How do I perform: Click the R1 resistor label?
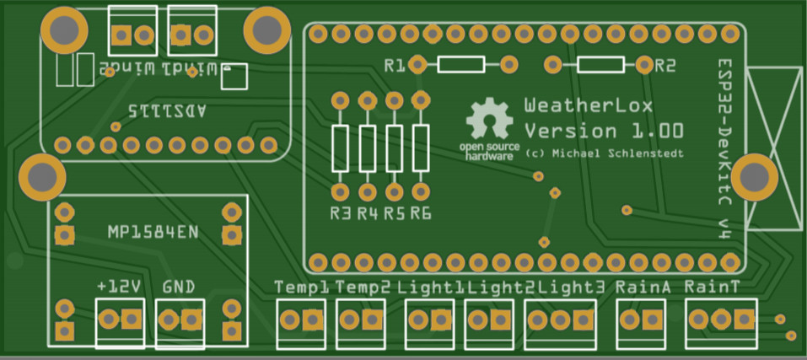pyautogui.click(x=394, y=65)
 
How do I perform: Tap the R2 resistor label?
pyautogui.click(x=665, y=65)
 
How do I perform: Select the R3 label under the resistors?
pyautogui.click(x=340, y=214)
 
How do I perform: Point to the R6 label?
pyautogui.click(x=421, y=214)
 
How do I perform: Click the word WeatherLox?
pyautogui.click(x=588, y=107)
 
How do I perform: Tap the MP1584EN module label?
pyautogui.click(x=153, y=231)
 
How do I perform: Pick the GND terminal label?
pyautogui.click(x=179, y=287)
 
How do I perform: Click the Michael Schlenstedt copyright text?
pyautogui.click(x=604, y=154)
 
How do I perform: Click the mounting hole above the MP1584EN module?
pyautogui.click(x=40, y=176)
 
